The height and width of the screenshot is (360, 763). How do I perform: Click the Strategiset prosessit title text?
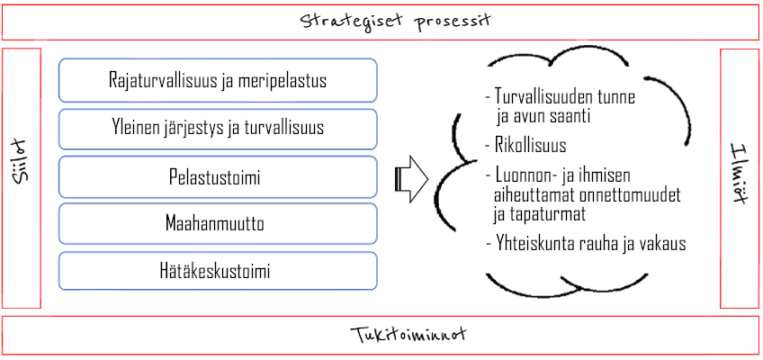tap(395, 22)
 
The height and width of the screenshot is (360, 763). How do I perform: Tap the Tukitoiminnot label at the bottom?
tap(408, 335)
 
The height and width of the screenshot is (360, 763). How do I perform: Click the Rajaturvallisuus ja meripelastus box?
tap(218, 80)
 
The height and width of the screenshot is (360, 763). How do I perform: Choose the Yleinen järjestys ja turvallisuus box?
tap(218, 129)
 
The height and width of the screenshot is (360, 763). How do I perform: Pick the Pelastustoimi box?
tap(218, 177)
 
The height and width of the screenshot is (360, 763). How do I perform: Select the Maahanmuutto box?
tap(218, 224)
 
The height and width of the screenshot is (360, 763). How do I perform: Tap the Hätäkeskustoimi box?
tap(218, 271)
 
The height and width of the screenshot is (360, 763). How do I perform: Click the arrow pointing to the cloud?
tap(411, 179)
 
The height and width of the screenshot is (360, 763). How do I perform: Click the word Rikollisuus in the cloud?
tap(531, 145)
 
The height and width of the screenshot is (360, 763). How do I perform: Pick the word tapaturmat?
tap(548, 214)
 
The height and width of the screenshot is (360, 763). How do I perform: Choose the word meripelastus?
tap(283, 81)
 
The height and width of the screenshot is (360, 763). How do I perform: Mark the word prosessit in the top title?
tap(453, 22)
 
